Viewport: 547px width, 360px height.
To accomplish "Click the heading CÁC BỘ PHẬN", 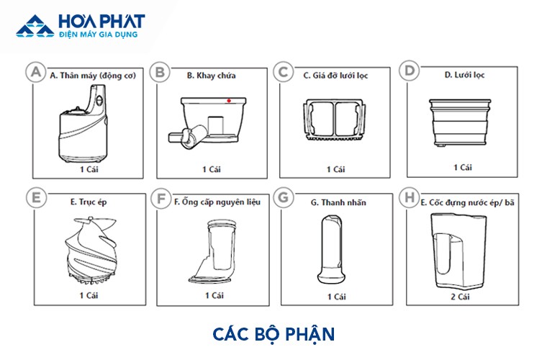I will (273, 334).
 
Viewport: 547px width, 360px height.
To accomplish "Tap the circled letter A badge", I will (34, 72).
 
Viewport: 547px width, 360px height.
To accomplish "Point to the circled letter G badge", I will (284, 197).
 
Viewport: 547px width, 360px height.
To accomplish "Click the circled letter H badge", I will (409, 197).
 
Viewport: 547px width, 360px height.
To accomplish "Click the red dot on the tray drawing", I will (229, 101).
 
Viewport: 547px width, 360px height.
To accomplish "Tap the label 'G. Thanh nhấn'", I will (338, 203).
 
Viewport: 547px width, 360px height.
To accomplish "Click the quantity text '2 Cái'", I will (462, 295).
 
